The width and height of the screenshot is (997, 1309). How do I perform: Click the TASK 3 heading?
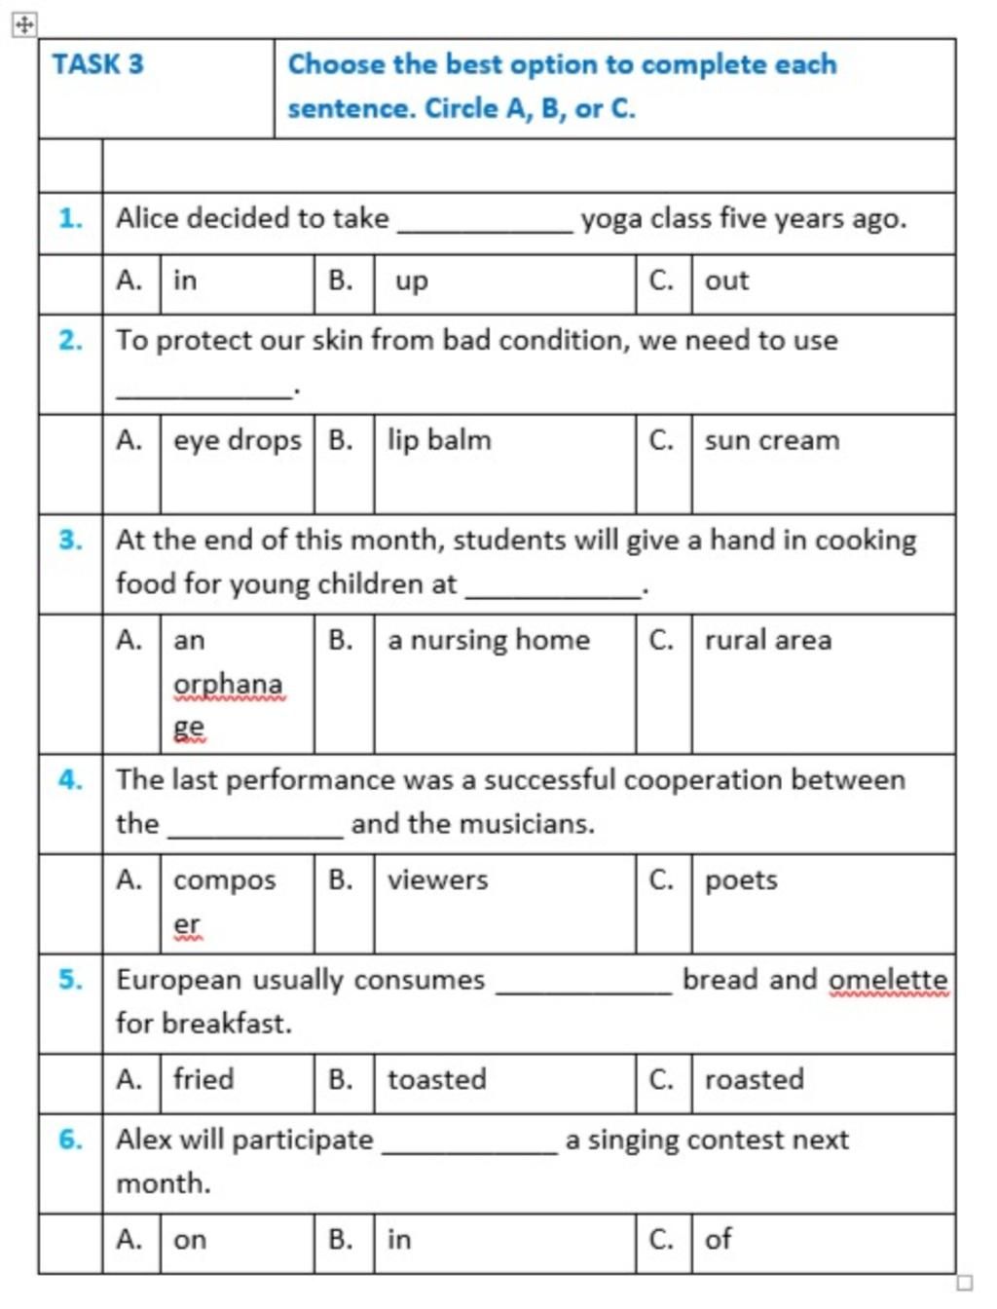(97, 64)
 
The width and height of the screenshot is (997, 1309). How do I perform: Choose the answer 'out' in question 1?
(726, 281)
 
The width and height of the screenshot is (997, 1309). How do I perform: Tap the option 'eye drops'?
(237, 441)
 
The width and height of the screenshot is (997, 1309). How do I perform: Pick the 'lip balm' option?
(439, 440)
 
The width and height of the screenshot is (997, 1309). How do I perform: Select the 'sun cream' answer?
(771, 440)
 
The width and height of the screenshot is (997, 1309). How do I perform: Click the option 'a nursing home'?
(488, 640)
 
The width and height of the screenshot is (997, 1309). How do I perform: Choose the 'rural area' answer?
(767, 640)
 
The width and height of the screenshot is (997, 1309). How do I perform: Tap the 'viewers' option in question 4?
(437, 880)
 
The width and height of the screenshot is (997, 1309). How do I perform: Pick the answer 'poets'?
(741, 880)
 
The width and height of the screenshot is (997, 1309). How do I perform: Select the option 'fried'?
(203, 1079)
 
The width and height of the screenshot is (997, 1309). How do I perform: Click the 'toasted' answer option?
(436, 1079)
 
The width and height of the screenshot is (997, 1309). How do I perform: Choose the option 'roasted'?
(754, 1079)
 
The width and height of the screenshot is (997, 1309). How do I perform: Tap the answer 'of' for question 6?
(718, 1239)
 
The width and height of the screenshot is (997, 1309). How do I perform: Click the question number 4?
(70, 780)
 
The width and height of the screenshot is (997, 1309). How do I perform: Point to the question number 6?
(70, 1139)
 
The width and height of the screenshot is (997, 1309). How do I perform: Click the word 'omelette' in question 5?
(888, 980)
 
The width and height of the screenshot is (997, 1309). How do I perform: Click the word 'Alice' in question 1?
(147, 218)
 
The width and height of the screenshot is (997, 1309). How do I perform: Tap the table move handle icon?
(24, 24)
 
